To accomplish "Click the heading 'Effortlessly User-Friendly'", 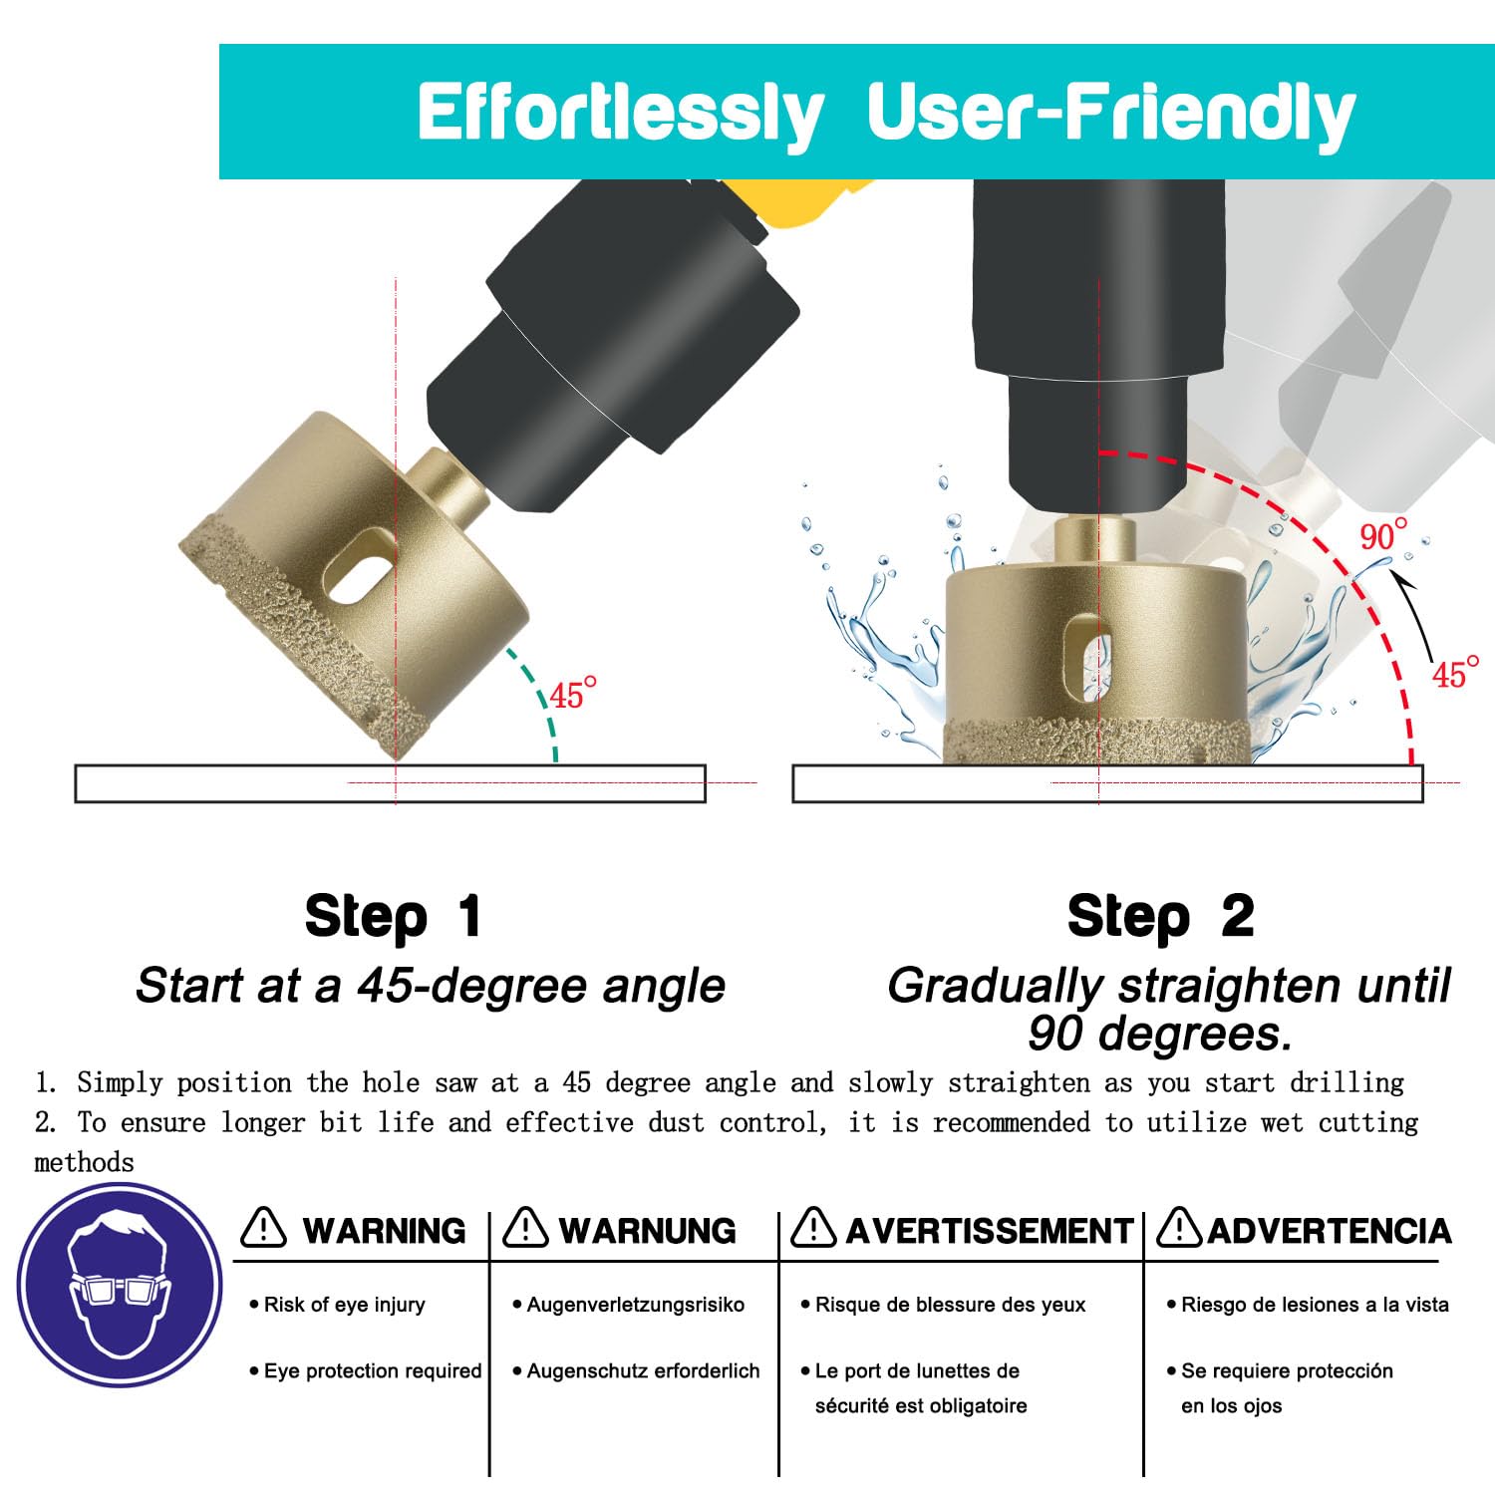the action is (886, 112).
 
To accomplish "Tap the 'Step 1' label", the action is (394, 916).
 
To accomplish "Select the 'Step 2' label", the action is (1160, 916).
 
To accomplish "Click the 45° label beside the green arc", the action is (573, 693).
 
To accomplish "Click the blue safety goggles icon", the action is (120, 1286).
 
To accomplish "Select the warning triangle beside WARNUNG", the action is (525, 1227).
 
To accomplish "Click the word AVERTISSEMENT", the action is (990, 1231).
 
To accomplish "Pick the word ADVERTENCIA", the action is (1330, 1231).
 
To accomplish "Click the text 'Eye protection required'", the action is (373, 1371).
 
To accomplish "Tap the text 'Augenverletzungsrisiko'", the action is (636, 1305).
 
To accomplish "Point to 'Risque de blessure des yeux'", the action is (951, 1305).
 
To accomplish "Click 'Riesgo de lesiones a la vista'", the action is (1315, 1305).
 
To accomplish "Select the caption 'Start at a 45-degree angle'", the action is (431, 986).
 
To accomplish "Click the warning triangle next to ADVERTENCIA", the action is (1180, 1227).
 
